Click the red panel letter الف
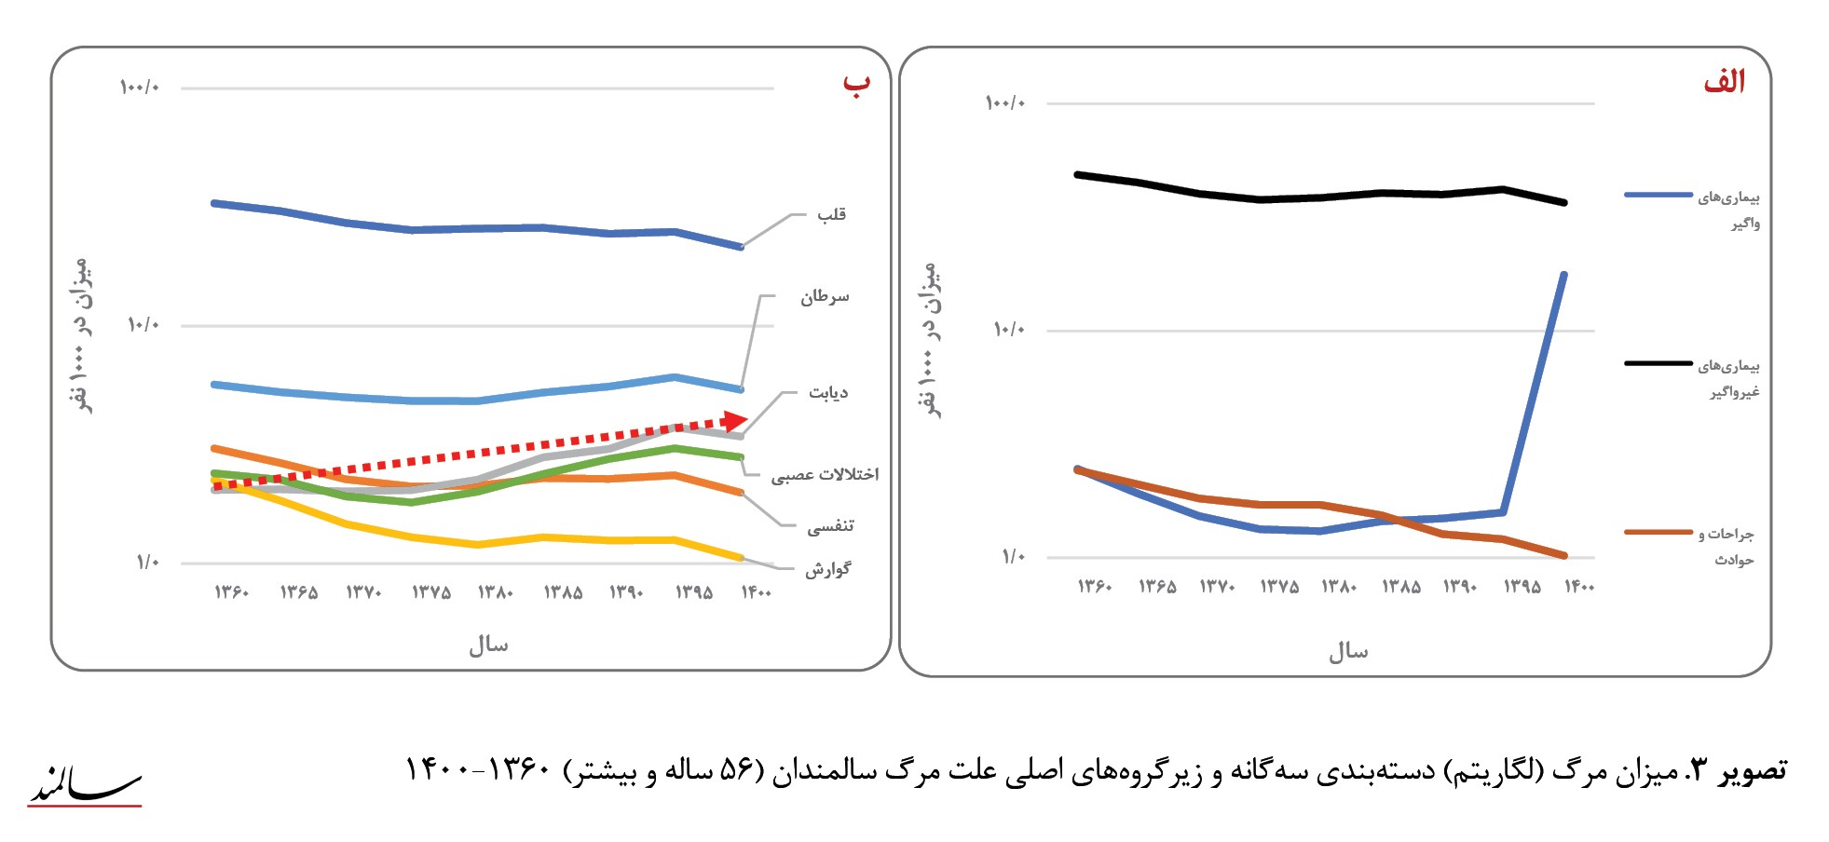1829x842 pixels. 1724,82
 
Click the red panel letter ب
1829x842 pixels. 856,83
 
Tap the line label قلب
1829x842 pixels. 831,214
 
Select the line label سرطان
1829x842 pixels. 825,297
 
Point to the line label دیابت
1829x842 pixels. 828,393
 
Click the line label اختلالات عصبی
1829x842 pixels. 825,475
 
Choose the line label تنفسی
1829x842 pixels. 830,526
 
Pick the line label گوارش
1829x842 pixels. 828,568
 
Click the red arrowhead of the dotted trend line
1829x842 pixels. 735,421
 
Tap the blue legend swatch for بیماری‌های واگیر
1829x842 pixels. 1658,195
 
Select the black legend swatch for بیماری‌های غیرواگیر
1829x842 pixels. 1658,363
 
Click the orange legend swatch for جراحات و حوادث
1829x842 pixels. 1658,532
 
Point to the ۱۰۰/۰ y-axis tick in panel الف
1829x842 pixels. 1005,102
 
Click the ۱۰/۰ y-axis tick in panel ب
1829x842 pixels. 143,324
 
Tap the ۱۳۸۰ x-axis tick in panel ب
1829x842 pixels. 496,592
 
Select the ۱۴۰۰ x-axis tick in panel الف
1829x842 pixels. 1579,587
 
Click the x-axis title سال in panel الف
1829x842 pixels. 1348,651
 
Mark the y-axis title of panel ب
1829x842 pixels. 81,335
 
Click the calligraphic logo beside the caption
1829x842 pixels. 84,785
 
